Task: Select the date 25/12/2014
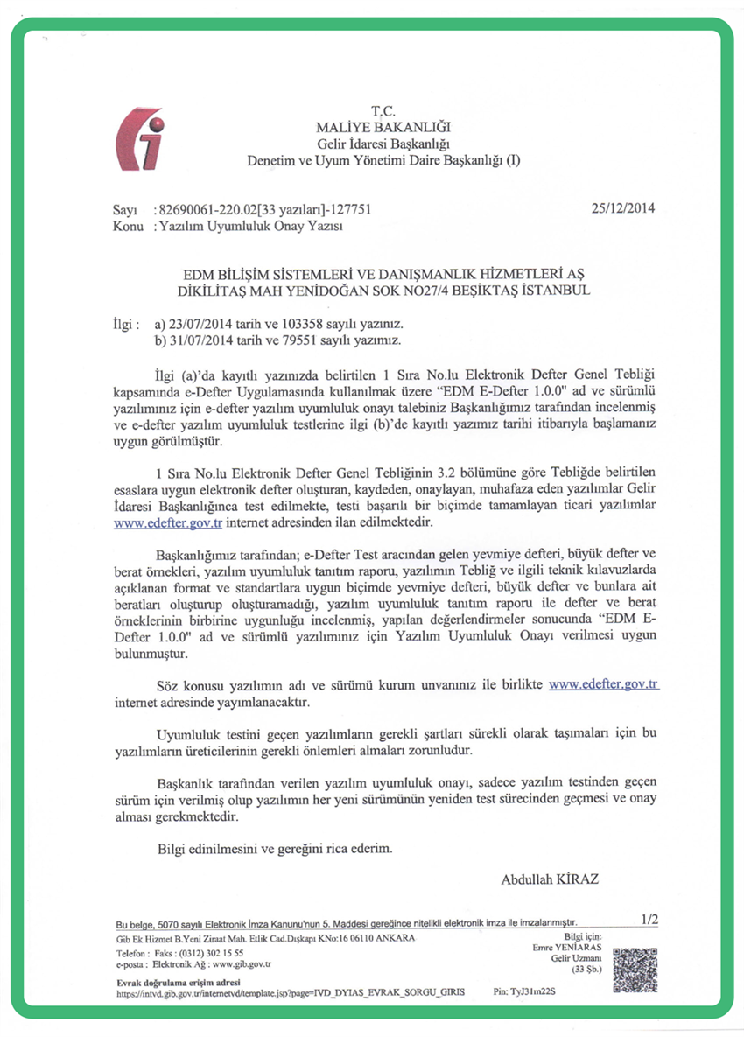[623, 209]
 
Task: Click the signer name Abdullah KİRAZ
[550, 879]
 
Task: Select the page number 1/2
[649, 919]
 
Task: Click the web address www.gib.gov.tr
[242, 963]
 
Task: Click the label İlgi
[126, 323]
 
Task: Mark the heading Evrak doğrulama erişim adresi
[172, 983]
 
